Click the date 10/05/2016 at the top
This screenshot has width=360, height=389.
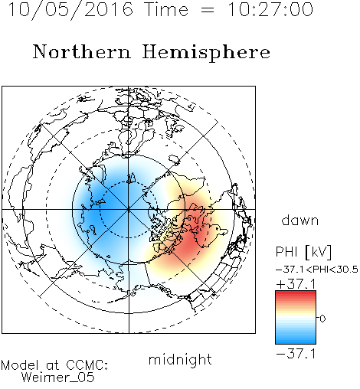(70, 10)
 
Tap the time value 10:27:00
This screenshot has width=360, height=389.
(270, 10)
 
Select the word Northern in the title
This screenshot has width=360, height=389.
(82, 52)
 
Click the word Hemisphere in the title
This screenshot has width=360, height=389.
(206, 53)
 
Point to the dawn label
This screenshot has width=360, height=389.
(300, 221)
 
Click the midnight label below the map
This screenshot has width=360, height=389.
(180, 360)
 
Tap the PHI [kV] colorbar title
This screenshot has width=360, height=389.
(303, 252)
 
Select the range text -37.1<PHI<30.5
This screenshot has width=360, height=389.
(317, 270)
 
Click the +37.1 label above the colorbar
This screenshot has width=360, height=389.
(296, 284)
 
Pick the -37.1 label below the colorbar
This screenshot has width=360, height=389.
(296, 354)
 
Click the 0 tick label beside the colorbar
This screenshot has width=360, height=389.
(322, 319)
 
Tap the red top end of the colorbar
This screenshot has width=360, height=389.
(296, 293)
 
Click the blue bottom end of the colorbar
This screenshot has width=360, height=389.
(296, 342)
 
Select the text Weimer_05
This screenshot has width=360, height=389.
(58, 378)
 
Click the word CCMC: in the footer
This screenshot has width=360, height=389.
(87, 365)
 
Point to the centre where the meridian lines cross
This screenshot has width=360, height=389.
(129, 210)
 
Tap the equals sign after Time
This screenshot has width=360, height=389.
(208, 11)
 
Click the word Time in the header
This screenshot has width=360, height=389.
(166, 10)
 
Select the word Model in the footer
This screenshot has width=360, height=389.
(20, 365)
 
